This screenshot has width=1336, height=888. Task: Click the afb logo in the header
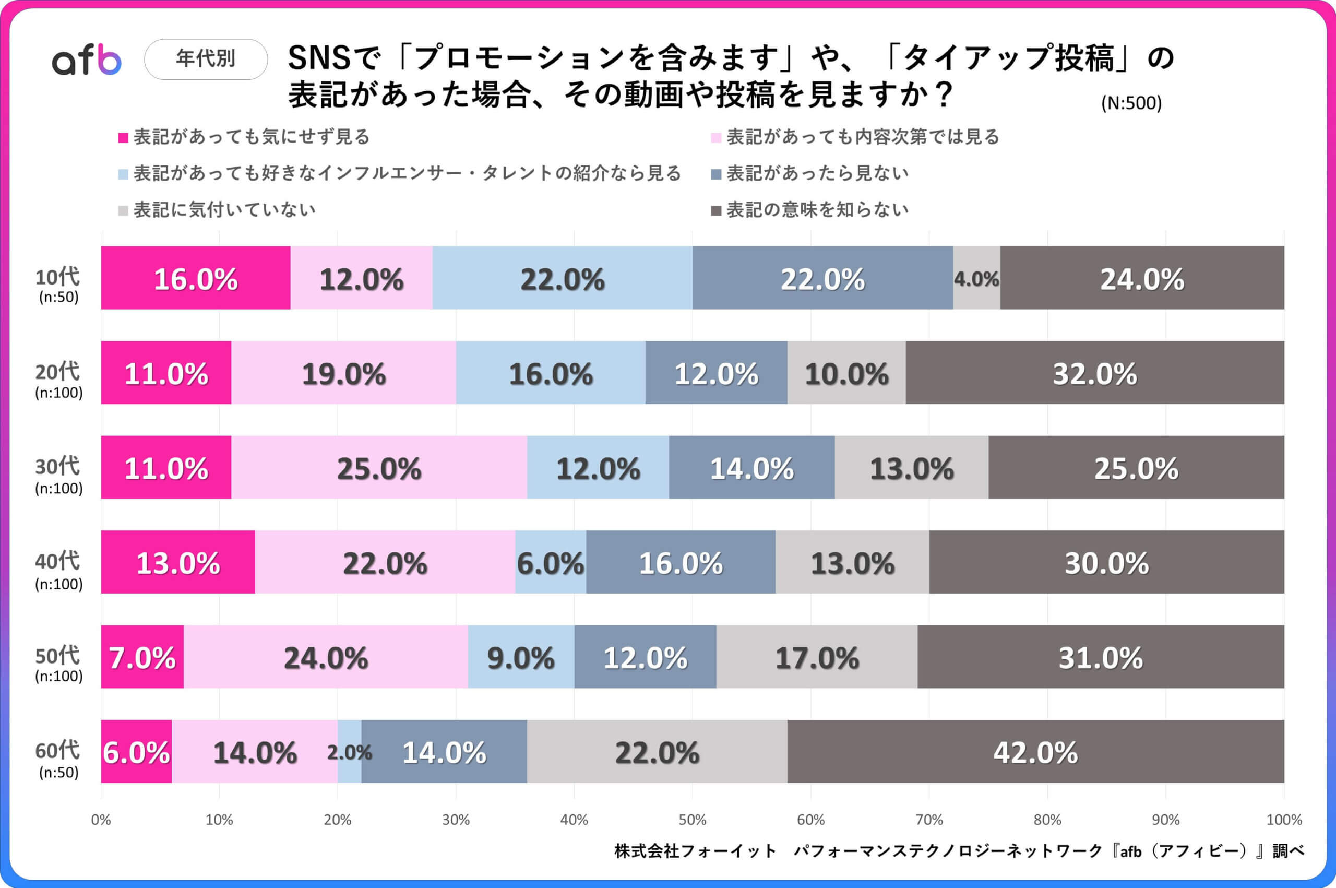tap(87, 60)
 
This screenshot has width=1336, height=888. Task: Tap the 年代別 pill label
tap(206, 59)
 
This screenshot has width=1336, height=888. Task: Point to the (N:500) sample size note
tap(1131, 103)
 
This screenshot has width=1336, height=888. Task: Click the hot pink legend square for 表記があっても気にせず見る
tap(123, 138)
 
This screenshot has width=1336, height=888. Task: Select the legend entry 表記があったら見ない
tap(817, 173)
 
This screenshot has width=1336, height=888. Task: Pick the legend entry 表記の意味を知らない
tap(817, 210)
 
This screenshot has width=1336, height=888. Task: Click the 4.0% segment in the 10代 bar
tap(976, 278)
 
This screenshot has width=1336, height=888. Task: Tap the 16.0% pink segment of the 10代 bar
tap(195, 278)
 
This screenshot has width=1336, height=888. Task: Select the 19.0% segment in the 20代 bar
tap(343, 373)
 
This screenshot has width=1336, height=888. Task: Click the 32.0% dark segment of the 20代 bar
tap(1094, 373)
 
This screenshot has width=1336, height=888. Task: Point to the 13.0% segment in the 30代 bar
tap(911, 468)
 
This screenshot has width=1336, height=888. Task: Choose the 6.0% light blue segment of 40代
tap(550, 562)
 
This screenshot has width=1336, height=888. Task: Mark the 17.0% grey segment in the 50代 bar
tap(816, 657)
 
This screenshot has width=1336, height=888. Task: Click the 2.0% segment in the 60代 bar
tap(349, 752)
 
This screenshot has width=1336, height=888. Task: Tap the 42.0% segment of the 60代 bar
tap(1035, 752)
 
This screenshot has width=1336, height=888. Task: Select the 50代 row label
tap(58, 662)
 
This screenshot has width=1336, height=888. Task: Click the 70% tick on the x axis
tap(929, 820)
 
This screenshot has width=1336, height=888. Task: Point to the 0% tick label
tap(101, 820)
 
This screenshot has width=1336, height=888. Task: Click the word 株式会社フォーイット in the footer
tap(695, 850)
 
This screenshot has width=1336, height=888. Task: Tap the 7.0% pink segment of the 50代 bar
tap(142, 657)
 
